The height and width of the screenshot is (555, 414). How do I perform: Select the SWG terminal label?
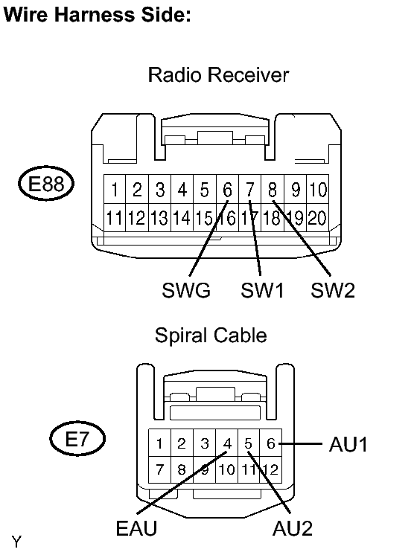point(186,290)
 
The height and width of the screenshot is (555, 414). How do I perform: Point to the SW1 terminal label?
point(262,290)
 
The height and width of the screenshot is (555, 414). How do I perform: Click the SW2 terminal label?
point(333,290)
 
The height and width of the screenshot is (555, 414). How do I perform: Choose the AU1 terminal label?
point(348,444)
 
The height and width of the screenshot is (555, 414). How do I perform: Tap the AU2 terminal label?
point(293,528)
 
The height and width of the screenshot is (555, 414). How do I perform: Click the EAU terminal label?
point(136,528)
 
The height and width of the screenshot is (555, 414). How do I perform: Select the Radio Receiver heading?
point(218,74)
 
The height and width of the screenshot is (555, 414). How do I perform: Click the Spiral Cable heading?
point(211,336)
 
